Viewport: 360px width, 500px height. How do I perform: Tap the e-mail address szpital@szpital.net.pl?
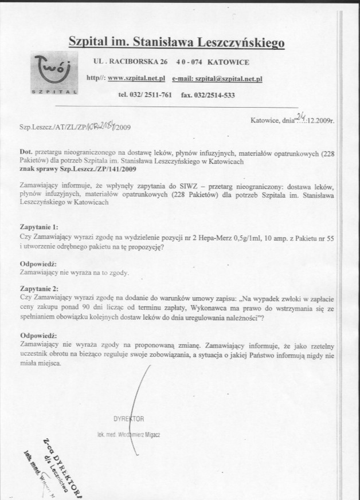pyautogui.click(x=217, y=78)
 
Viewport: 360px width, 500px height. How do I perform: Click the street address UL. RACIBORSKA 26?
pyautogui.click(x=130, y=62)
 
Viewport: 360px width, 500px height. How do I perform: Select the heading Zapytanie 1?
pyautogui.click(x=38, y=227)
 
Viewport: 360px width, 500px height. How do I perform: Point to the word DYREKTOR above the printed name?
pyautogui.click(x=128, y=419)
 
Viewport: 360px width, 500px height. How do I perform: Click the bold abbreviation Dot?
pyautogui.click(x=26, y=153)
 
